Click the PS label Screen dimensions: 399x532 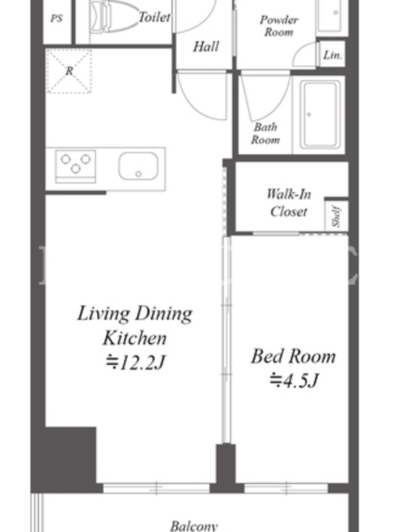(x=57, y=19)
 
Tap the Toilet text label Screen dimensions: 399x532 (x=154, y=17)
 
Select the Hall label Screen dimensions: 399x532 (x=206, y=47)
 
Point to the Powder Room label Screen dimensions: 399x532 (x=279, y=26)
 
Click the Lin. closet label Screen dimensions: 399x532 (x=332, y=55)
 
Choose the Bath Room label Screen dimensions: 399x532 (x=265, y=134)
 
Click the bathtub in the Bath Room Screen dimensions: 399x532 (x=321, y=114)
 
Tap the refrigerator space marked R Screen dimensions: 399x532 (x=69, y=71)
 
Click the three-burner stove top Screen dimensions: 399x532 (x=75, y=166)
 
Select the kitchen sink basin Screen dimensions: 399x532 (x=138, y=166)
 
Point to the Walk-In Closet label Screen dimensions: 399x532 (x=289, y=203)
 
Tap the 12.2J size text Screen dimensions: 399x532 (x=135, y=362)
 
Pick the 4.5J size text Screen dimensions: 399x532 (x=294, y=380)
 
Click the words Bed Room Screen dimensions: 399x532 (x=293, y=356)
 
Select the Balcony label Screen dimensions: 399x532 (x=194, y=526)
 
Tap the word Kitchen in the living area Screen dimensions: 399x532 (x=135, y=338)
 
